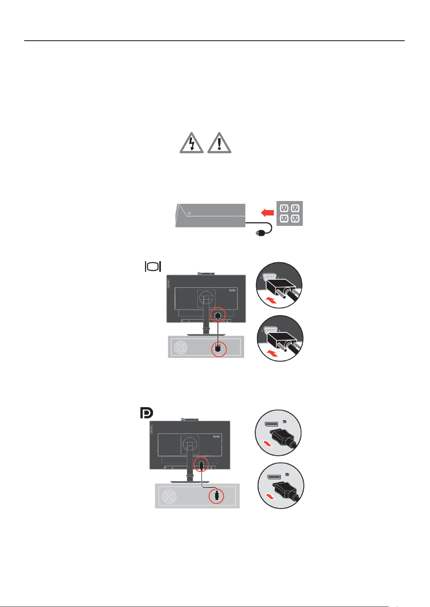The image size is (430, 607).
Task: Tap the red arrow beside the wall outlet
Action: [x=267, y=213]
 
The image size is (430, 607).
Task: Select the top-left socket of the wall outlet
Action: [x=284, y=208]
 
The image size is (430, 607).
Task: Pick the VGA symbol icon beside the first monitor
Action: [x=153, y=267]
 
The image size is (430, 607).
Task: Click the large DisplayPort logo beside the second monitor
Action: [x=146, y=413]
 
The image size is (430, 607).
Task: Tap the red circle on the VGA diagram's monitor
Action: [x=218, y=314]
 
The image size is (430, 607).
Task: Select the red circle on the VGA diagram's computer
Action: [x=218, y=348]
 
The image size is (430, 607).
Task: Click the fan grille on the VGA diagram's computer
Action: [x=180, y=347]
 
